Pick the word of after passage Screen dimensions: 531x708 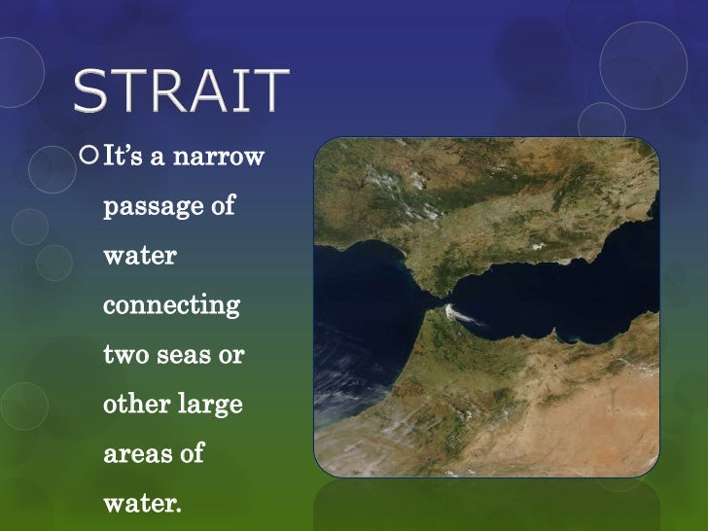coord(223,207)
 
